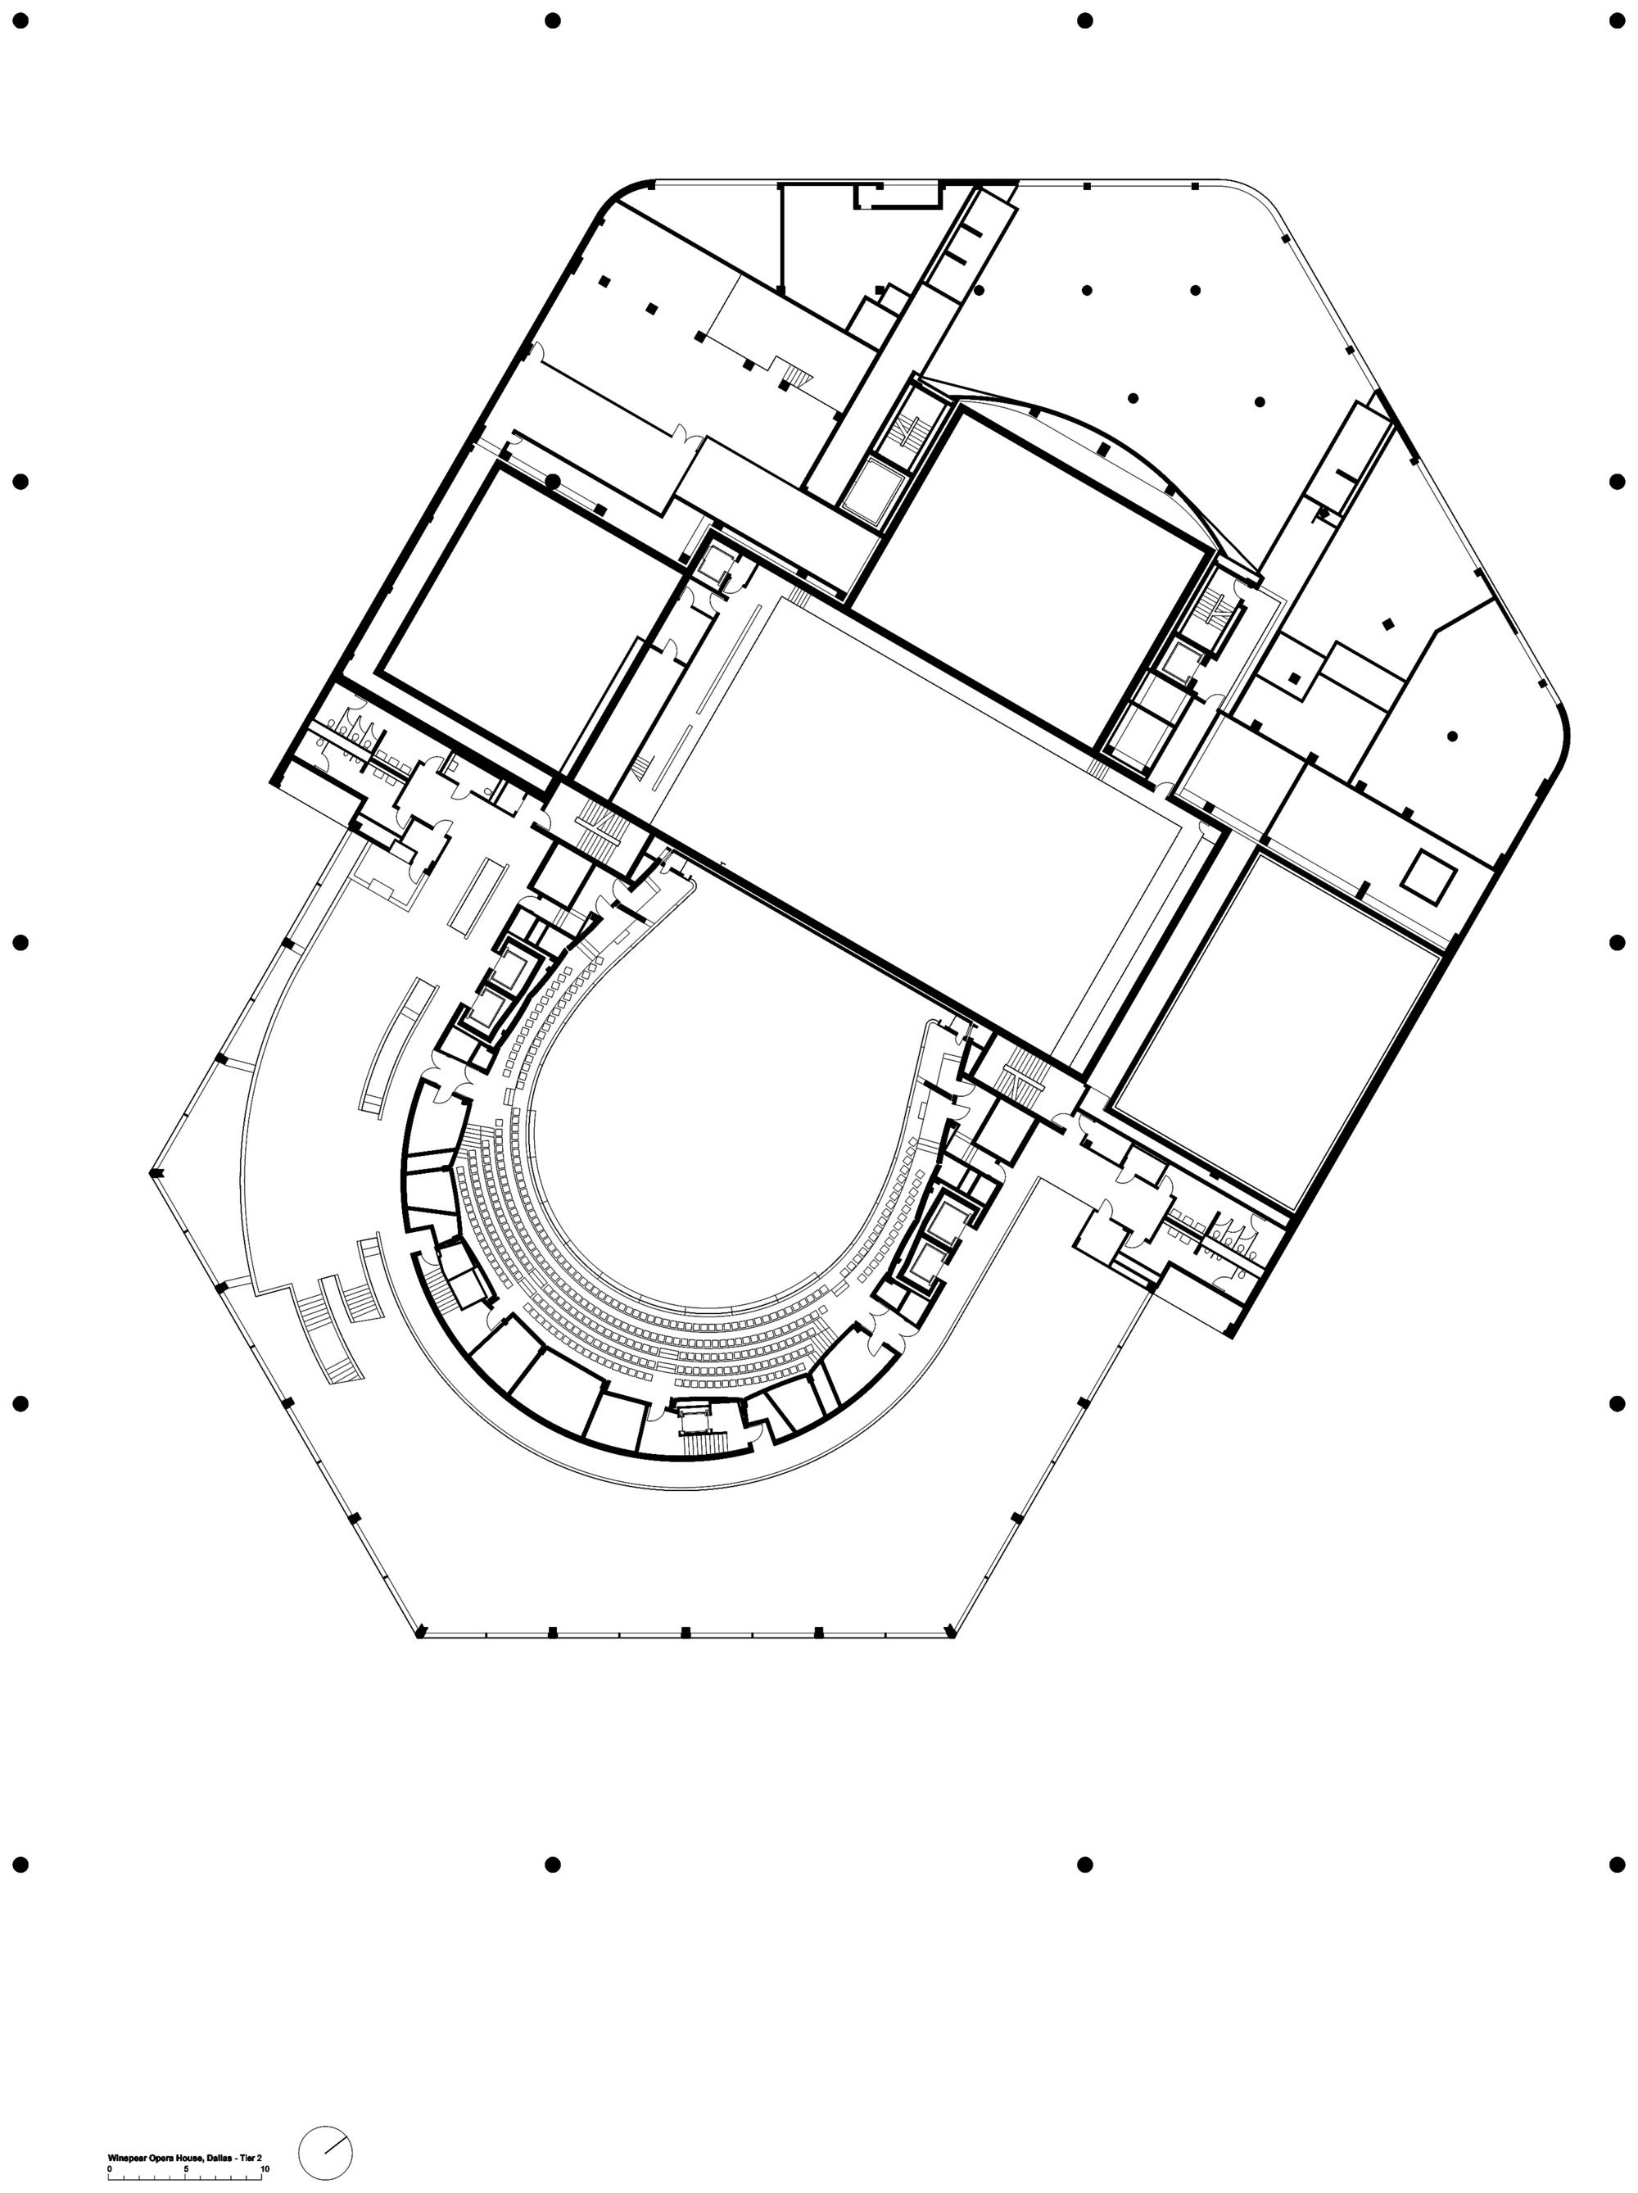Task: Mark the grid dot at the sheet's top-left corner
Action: pyautogui.click(x=20, y=20)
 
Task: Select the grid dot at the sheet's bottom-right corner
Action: pyautogui.click(x=1618, y=1864)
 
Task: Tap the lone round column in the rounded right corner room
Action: pyautogui.click(x=1452, y=736)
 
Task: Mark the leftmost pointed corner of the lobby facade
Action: pyautogui.click(x=154, y=1174)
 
